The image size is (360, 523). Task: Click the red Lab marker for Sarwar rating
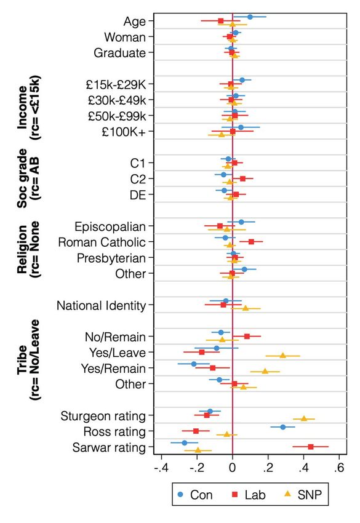point(311,447)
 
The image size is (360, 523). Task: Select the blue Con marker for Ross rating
point(283,427)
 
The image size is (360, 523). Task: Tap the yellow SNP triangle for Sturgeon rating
point(304,418)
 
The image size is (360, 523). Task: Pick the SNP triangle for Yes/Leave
point(283,356)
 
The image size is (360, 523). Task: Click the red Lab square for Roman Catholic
point(251,241)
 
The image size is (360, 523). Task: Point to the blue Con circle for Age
point(250,17)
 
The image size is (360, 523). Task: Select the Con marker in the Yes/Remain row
point(194,364)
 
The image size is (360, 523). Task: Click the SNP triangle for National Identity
point(246,308)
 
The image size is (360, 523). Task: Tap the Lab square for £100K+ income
point(233,132)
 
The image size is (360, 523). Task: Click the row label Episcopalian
point(110,227)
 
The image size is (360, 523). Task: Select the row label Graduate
point(120,53)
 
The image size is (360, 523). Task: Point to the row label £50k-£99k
point(117,116)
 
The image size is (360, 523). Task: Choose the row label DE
point(138,195)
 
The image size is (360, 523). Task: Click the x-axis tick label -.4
point(161,468)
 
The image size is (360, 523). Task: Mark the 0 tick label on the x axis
point(233,468)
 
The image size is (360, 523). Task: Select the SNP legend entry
point(303,495)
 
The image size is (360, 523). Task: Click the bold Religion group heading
point(22,249)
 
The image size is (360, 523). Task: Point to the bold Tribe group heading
point(22,360)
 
